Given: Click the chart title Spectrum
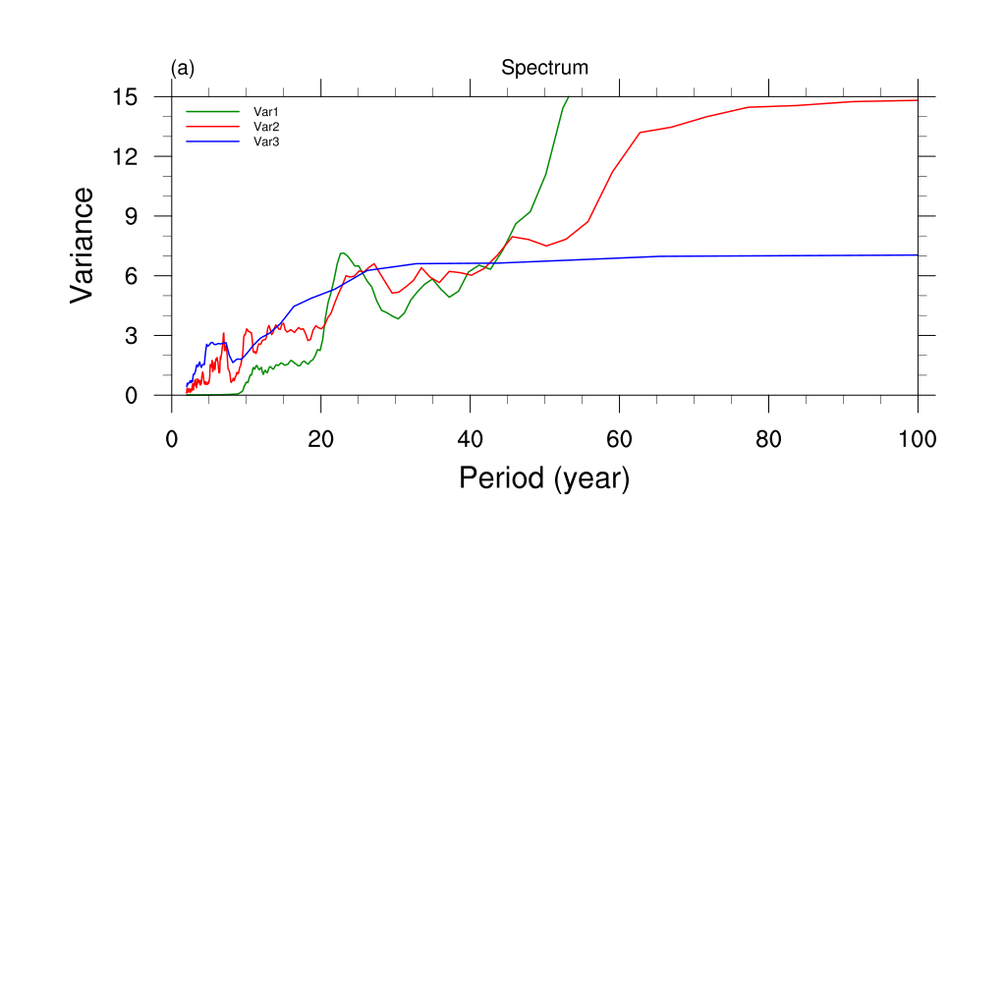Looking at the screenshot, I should [544, 68].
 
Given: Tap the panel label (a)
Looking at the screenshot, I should [183, 68].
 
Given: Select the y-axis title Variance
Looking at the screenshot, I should [84, 245].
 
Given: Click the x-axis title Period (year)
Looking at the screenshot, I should [543, 478].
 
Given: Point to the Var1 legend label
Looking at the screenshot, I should [267, 112].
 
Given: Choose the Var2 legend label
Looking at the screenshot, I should [267, 127].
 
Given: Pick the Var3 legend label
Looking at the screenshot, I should [267, 141].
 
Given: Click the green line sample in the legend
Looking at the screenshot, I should [213, 112].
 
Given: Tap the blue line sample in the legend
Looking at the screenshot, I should [213, 141].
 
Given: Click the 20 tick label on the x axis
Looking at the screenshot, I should [321, 437].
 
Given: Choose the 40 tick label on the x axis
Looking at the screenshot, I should [471, 437].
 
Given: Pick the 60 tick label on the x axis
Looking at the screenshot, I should [620, 437].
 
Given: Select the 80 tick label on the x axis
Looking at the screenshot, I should [768, 437].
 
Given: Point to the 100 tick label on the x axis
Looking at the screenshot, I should [917, 437].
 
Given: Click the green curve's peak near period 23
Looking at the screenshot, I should [342, 253].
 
